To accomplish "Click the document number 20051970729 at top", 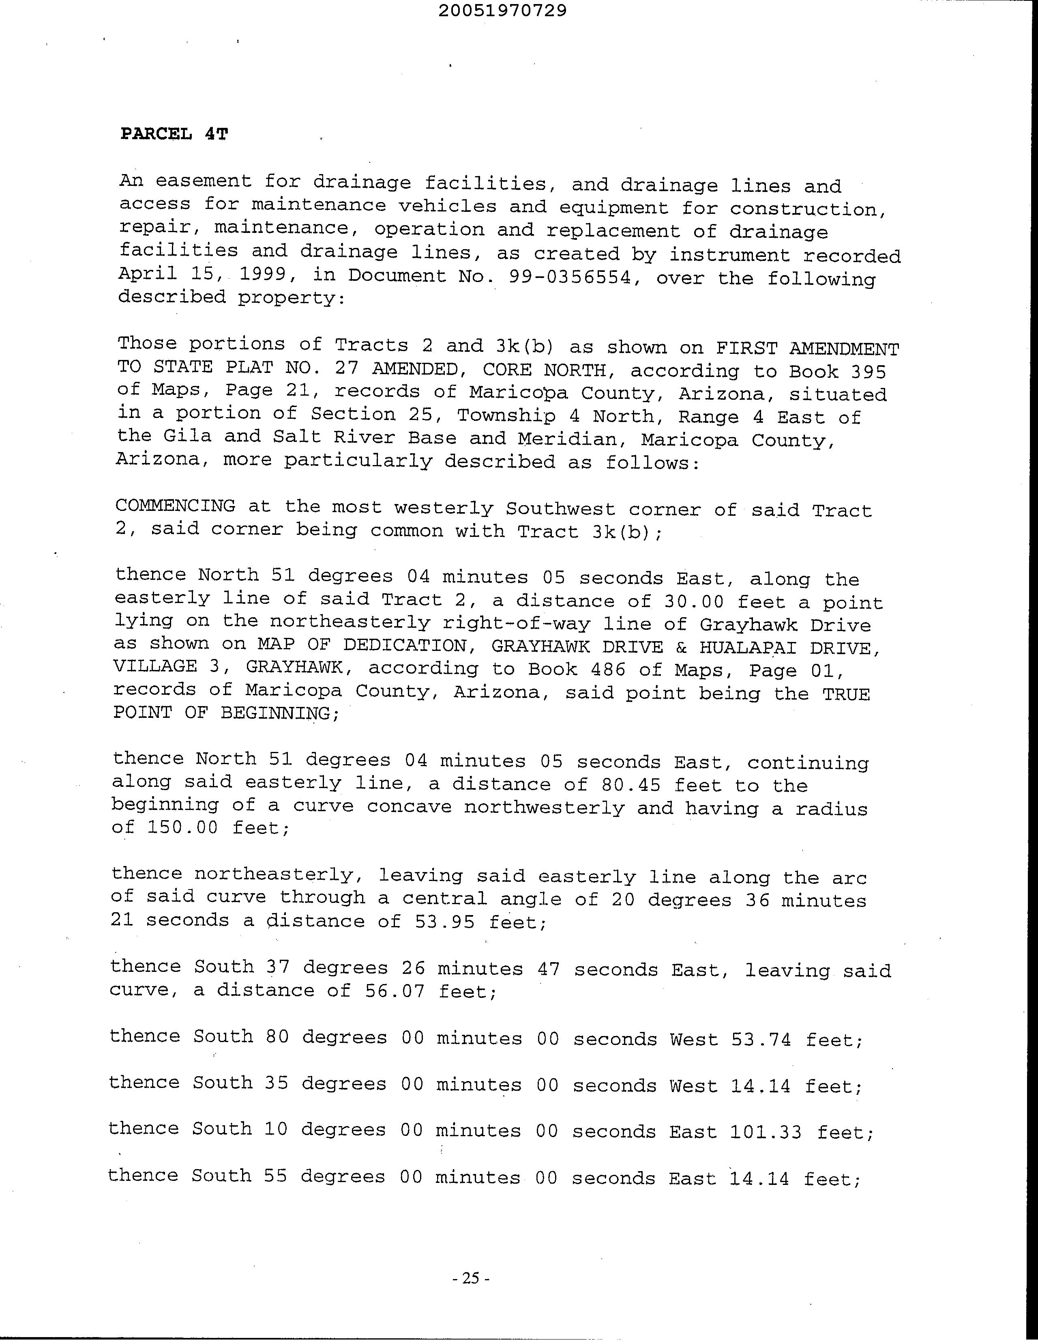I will [502, 11].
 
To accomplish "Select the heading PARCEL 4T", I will [174, 134].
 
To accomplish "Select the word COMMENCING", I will [175, 506].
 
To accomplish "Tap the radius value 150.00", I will [182, 827].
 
